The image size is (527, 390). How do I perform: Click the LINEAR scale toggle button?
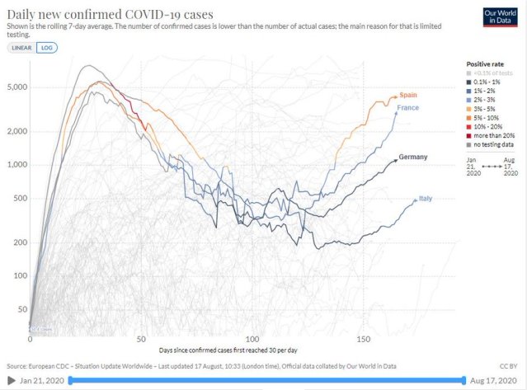[21, 48]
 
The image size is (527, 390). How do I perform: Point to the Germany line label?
[412, 157]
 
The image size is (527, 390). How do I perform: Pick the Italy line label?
[426, 199]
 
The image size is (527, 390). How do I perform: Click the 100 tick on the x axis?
[252, 339]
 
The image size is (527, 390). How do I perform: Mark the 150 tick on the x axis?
[364, 339]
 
